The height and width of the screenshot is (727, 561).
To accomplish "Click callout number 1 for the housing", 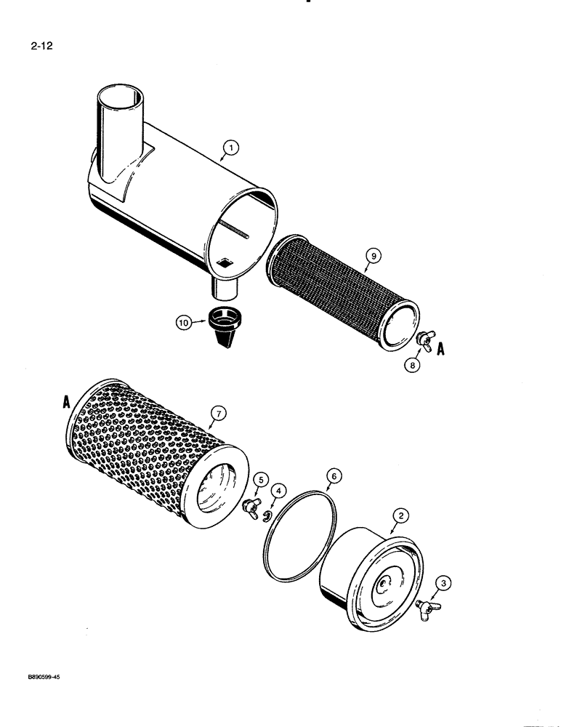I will [231, 148].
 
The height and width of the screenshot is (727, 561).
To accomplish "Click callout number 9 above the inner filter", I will [372, 255].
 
